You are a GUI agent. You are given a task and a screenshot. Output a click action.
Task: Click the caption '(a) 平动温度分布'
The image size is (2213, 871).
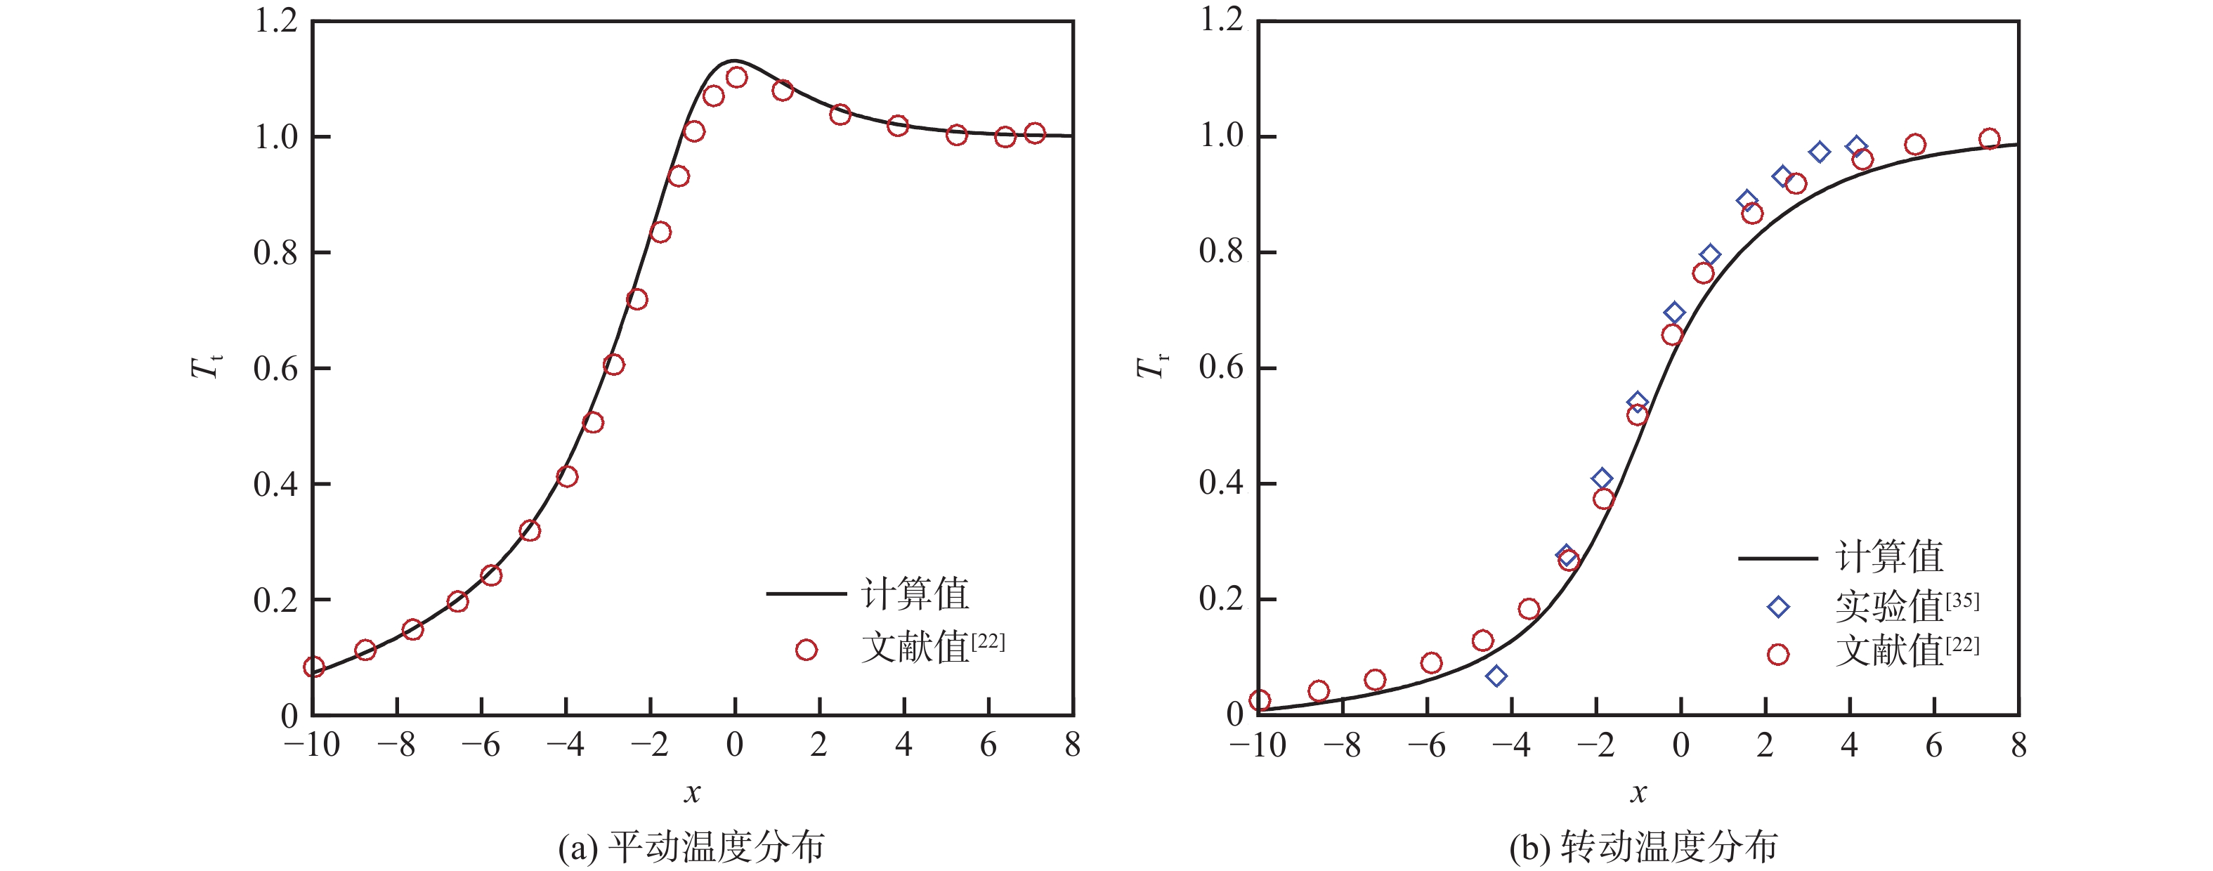691,847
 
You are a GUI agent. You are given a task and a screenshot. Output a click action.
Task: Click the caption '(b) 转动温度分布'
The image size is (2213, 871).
1643,847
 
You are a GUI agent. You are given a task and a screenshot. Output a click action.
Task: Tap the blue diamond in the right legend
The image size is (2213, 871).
1778,608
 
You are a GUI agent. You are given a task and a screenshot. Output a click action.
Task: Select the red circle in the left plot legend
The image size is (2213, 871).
806,650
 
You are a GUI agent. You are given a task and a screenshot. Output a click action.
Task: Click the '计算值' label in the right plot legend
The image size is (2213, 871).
1889,556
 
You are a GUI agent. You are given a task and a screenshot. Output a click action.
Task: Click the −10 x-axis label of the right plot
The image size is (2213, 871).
1258,745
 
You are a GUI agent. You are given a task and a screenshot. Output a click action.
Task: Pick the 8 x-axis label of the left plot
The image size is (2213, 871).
1072,745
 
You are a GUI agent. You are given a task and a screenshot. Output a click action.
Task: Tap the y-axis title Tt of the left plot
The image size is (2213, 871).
206,367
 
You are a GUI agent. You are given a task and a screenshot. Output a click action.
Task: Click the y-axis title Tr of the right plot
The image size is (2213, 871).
1151,367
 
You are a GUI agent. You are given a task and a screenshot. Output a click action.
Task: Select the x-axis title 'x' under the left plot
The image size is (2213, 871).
693,792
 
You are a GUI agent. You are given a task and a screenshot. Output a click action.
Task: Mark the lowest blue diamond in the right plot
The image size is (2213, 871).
1496,676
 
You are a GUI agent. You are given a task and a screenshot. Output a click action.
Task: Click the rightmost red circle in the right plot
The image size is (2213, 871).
1990,139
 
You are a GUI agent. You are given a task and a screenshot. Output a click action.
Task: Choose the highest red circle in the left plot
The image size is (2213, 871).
736,77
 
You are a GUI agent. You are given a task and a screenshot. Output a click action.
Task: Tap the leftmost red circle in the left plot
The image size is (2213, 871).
313,667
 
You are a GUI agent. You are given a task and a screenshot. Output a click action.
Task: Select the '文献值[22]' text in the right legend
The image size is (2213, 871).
1906,650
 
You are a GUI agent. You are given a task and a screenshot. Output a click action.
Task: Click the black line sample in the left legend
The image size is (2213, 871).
805,593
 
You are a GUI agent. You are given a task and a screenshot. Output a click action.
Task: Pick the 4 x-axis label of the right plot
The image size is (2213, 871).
1850,745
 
